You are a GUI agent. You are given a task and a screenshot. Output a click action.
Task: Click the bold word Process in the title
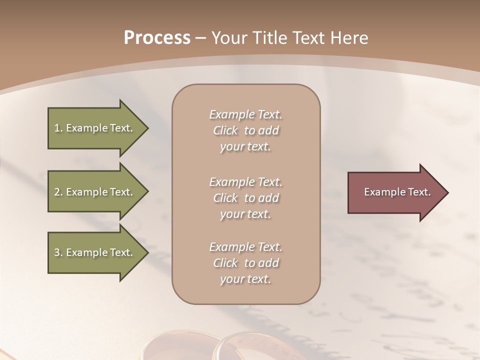(x=157, y=38)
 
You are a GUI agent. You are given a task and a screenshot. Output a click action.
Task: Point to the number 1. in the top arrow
(x=58, y=128)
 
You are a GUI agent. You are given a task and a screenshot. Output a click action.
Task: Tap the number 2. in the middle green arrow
(x=58, y=192)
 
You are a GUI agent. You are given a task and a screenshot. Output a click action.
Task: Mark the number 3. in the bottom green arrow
(x=58, y=252)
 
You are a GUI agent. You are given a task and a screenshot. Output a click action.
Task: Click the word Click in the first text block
(x=225, y=130)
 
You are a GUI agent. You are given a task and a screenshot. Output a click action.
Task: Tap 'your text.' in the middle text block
(x=245, y=214)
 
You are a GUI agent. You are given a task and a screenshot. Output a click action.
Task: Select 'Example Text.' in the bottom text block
(x=245, y=247)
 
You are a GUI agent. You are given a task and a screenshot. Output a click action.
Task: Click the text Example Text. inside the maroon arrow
(x=397, y=192)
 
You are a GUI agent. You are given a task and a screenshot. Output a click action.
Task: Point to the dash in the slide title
(x=200, y=38)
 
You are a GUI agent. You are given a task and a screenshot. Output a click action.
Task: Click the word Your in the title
(x=228, y=38)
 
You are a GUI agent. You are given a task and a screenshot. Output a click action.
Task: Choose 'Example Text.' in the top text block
(x=245, y=114)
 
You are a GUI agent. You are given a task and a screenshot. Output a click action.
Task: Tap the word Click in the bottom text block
(x=225, y=263)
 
